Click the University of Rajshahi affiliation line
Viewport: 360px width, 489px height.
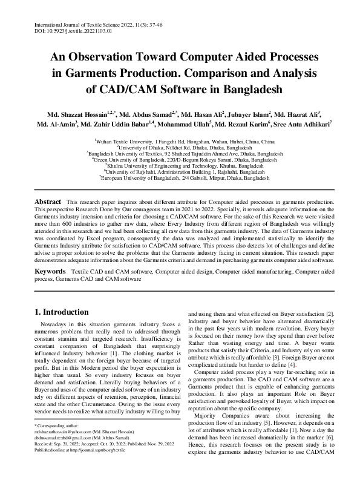point(180,172)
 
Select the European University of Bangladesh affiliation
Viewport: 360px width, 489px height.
point(180,179)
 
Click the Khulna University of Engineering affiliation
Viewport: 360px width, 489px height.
point(180,165)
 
